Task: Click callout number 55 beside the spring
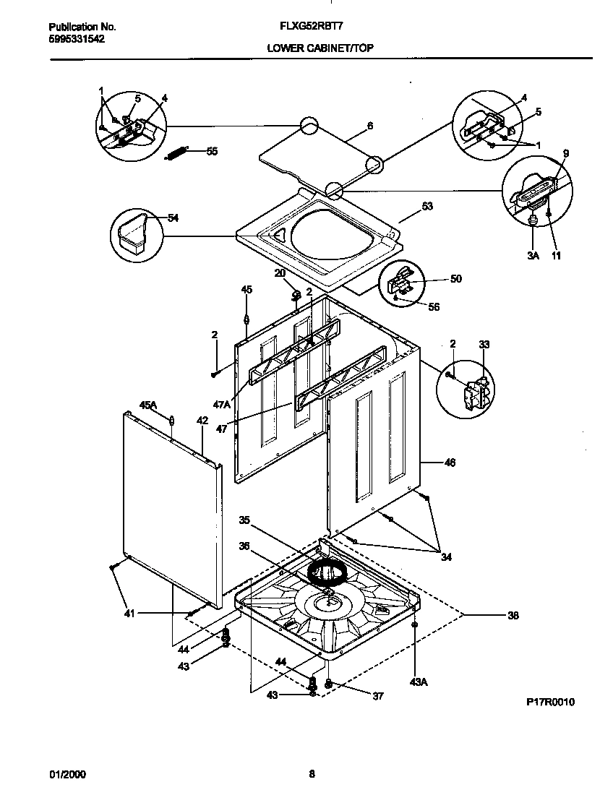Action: click(212, 151)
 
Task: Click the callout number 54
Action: click(173, 218)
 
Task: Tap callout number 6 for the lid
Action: click(370, 126)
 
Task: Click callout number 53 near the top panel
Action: click(427, 207)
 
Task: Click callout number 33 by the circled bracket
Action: click(484, 344)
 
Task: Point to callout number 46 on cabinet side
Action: click(449, 463)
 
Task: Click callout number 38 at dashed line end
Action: click(513, 616)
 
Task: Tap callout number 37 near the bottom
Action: click(377, 697)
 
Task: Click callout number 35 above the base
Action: click(244, 520)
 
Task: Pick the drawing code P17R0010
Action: click(550, 702)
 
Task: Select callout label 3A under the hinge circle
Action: click(533, 256)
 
